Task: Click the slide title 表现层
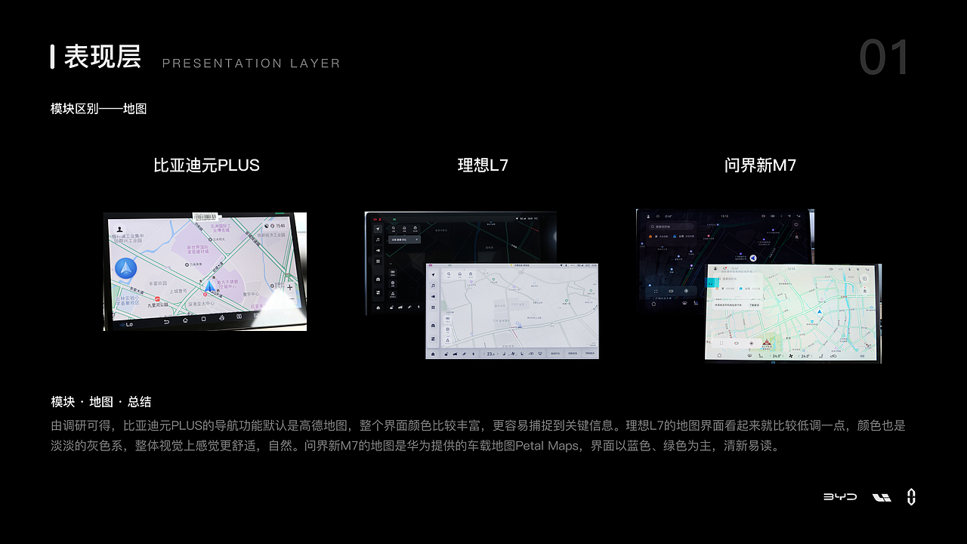[103, 57]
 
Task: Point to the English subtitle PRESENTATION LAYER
[251, 63]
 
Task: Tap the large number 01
[885, 58]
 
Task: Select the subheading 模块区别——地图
[98, 109]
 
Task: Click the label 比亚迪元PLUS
[206, 165]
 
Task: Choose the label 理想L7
[483, 165]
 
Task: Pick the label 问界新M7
[760, 165]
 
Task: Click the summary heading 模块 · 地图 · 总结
[101, 402]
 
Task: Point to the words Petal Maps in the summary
[548, 446]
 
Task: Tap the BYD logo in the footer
[840, 497]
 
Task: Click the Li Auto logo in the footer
[882, 497]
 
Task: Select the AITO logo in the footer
[911, 496]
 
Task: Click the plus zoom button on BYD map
[290, 287]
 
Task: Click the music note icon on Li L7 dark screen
[378, 240]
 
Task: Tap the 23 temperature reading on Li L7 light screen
[490, 354]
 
